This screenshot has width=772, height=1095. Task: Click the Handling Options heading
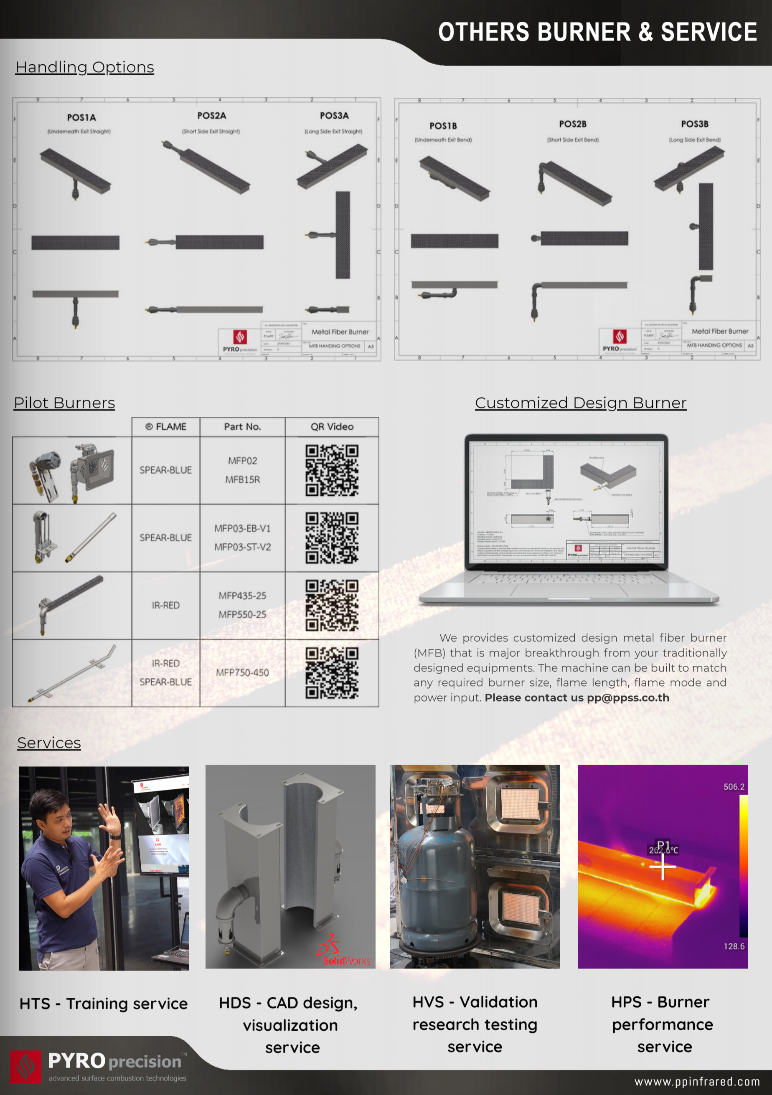pyautogui.click(x=84, y=67)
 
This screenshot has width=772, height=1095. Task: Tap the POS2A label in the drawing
pyautogui.click(x=211, y=116)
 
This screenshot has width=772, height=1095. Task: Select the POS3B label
pyautogui.click(x=694, y=124)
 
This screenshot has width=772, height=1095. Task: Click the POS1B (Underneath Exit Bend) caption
pyautogui.click(x=443, y=140)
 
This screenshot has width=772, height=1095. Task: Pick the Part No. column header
pyautogui.click(x=242, y=427)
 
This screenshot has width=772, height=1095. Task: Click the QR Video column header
pyautogui.click(x=332, y=427)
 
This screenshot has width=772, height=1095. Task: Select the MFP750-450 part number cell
pyautogui.click(x=242, y=672)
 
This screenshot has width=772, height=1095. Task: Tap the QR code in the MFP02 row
pyautogui.click(x=332, y=470)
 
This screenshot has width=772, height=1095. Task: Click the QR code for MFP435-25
pyautogui.click(x=332, y=605)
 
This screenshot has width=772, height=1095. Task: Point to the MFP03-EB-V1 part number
pyautogui.click(x=242, y=528)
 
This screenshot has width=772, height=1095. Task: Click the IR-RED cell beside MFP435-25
pyautogui.click(x=165, y=605)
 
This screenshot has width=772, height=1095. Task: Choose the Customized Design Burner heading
pyautogui.click(x=581, y=403)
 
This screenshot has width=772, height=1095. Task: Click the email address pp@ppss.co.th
pyautogui.click(x=628, y=698)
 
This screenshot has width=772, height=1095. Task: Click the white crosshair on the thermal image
pyautogui.click(x=663, y=866)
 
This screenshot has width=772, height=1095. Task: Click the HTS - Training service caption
pyautogui.click(x=104, y=1004)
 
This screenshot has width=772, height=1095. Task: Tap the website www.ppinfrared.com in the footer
pyautogui.click(x=697, y=1082)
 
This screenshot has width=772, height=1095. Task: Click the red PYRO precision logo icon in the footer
pyautogui.click(x=26, y=1066)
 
